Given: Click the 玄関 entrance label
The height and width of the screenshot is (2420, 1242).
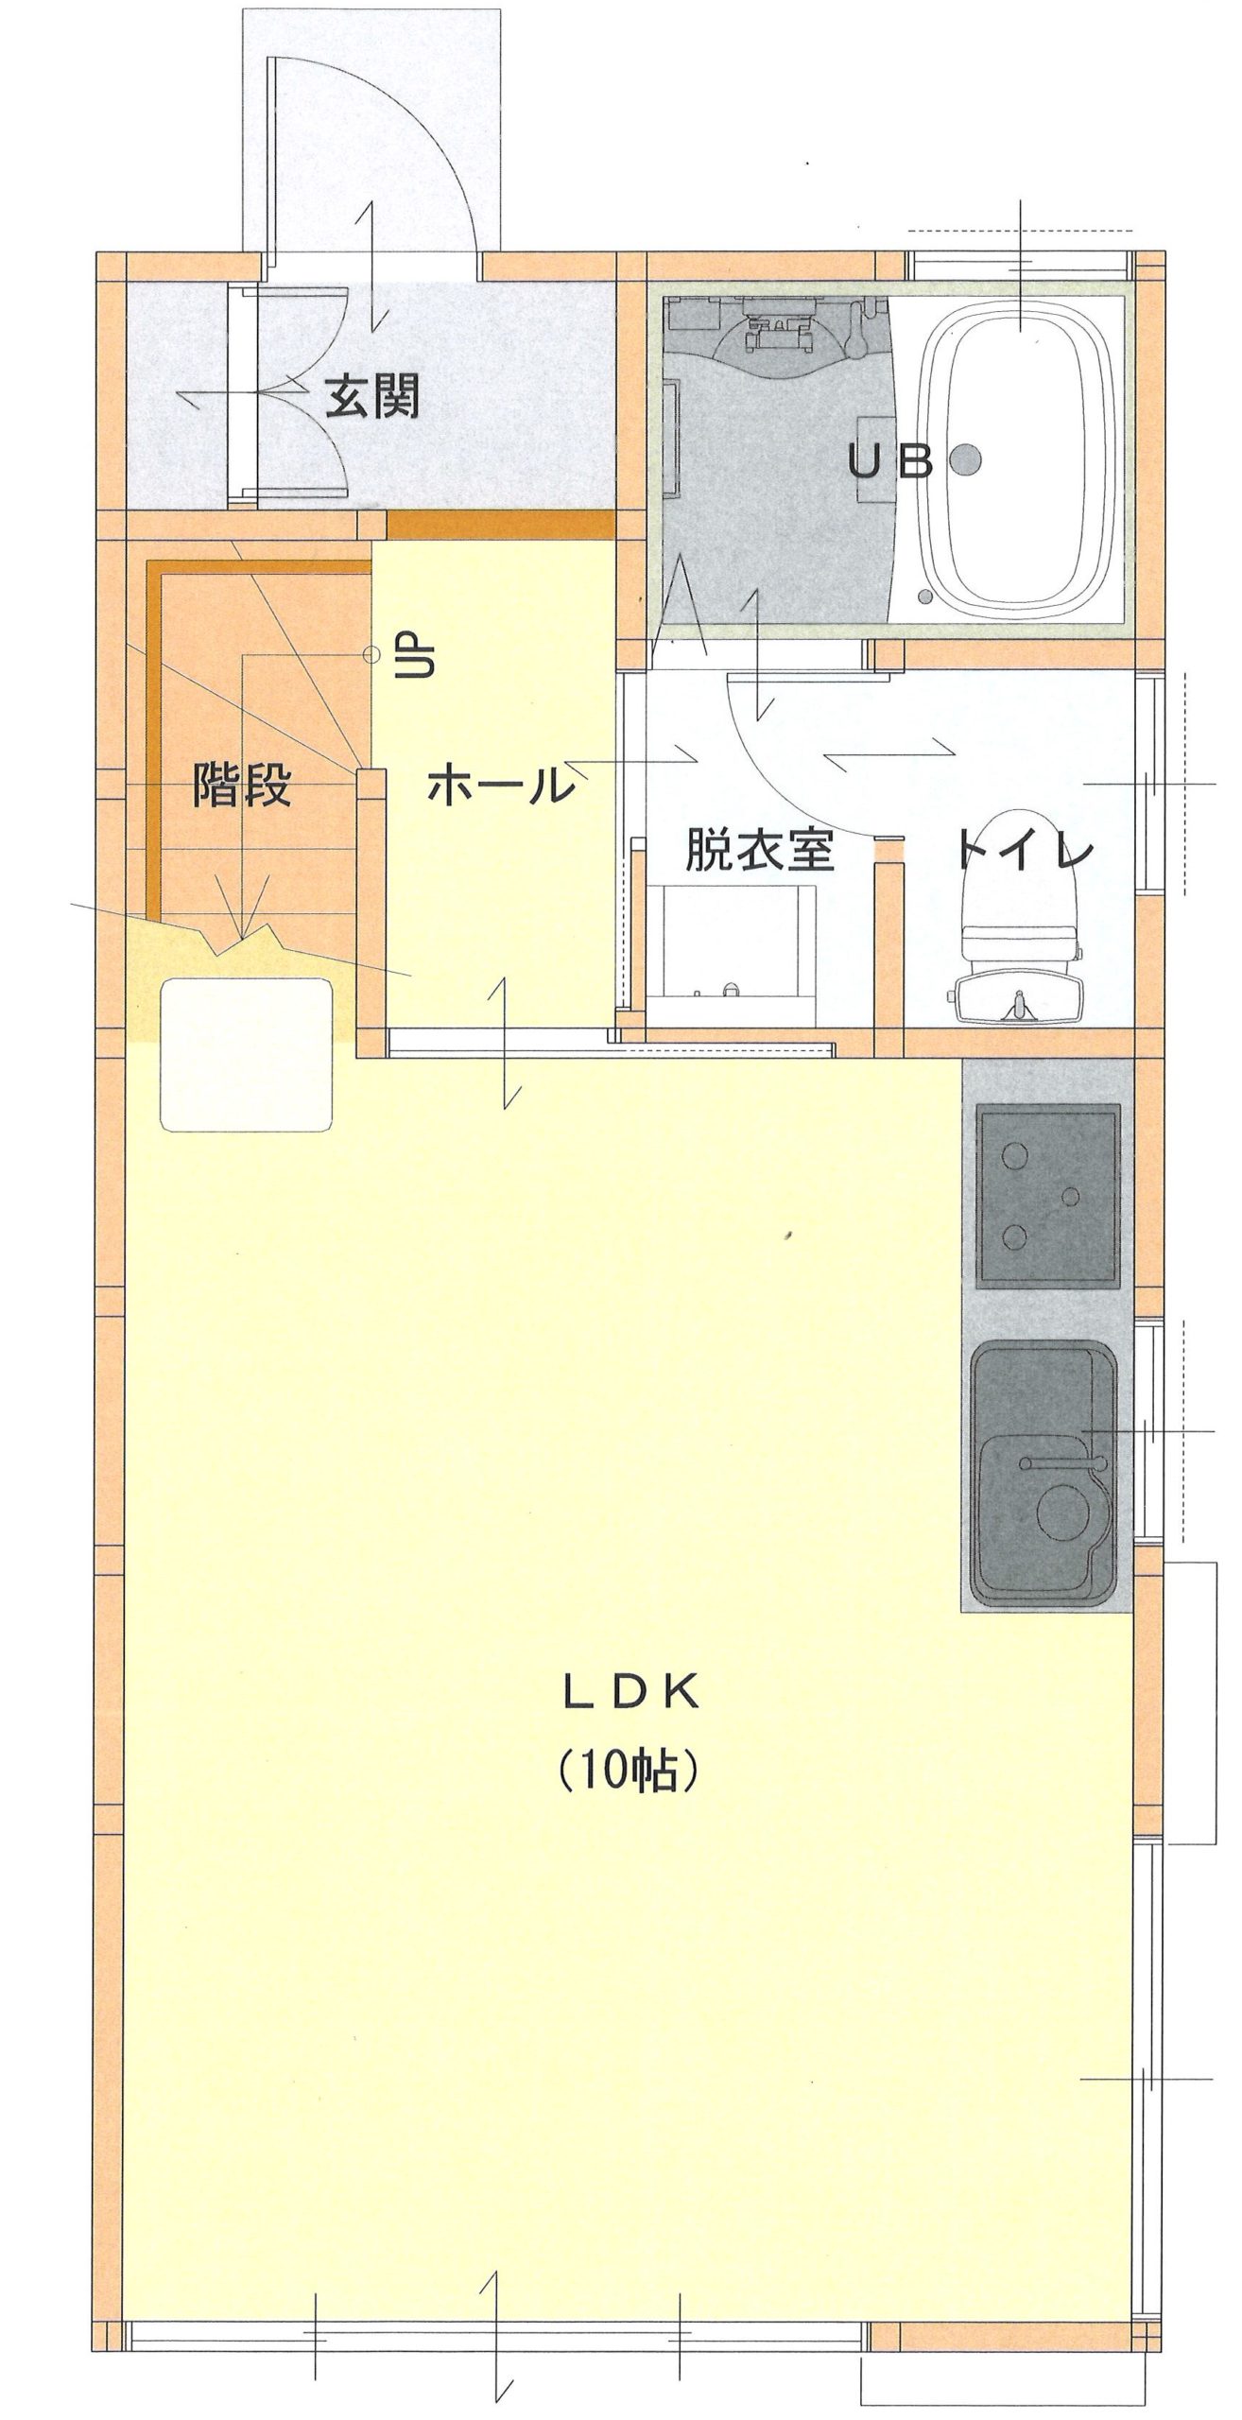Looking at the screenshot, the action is point(371,398).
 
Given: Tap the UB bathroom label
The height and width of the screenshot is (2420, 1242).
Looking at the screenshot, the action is point(890,462).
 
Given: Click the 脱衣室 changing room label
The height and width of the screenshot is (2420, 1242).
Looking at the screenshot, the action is point(760,850).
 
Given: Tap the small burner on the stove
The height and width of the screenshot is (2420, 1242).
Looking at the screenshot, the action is point(1071,1197).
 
